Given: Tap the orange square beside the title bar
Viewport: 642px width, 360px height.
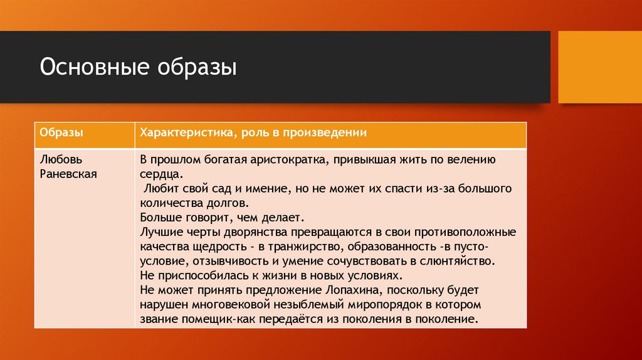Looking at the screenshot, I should coord(599,67).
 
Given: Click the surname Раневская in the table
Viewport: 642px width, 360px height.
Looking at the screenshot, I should coord(68,174).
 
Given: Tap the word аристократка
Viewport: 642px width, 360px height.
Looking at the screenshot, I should coord(287,159).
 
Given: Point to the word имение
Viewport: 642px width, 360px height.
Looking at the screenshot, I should coord(269,189).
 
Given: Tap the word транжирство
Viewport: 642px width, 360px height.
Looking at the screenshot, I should coord(302,246).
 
